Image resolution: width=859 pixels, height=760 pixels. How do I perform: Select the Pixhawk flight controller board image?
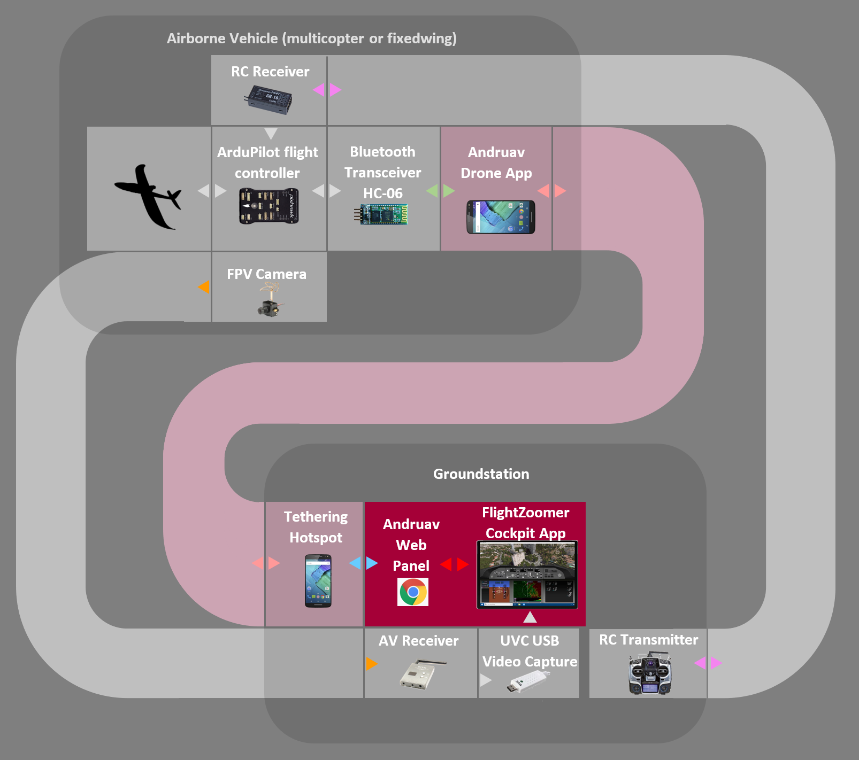point(269,206)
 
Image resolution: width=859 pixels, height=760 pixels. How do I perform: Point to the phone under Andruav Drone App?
point(501,217)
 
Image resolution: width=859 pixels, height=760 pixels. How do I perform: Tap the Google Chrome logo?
point(412,592)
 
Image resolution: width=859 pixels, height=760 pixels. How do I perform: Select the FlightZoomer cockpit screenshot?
point(527,575)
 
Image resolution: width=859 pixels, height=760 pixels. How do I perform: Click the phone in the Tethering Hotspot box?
point(318,581)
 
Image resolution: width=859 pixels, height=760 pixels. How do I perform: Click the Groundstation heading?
point(481,474)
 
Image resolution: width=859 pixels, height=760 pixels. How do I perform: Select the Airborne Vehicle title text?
point(311,38)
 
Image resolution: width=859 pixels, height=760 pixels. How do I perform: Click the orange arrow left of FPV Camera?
point(204,287)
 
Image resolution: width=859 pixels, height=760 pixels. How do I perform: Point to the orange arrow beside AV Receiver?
point(372,664)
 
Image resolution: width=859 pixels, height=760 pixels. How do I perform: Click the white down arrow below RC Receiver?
point(271,133)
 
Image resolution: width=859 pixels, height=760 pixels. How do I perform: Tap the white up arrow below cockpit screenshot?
point(530,617)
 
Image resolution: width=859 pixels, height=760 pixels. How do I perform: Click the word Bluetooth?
point(382,152)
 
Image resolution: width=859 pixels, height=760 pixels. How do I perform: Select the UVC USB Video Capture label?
point(530,651)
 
